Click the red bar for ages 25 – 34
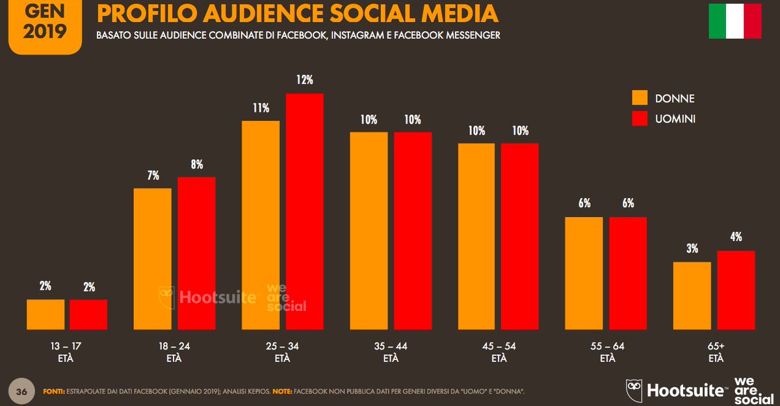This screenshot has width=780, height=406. [304, 211]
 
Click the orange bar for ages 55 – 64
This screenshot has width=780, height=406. [584, 273]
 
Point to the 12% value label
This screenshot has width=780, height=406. [304, 81]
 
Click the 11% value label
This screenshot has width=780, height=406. [261, 108]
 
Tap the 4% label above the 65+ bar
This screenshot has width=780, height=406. [736, 237]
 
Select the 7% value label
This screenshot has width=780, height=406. [153, 175]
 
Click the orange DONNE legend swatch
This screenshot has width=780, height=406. [640, 98]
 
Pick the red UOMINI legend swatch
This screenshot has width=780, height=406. [640, 118]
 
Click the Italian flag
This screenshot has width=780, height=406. [734, 22]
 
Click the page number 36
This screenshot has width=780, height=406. [21, 392]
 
